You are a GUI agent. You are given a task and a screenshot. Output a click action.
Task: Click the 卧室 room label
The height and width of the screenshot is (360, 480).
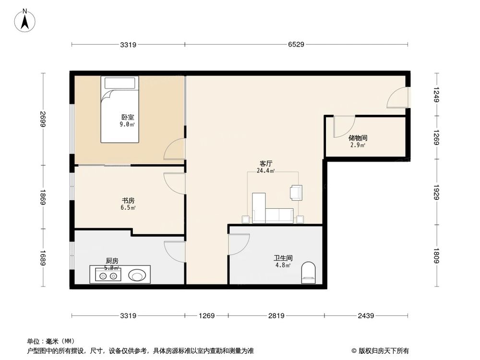pos(127,117)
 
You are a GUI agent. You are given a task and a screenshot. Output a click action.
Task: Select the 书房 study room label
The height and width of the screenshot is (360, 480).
pos(128,201)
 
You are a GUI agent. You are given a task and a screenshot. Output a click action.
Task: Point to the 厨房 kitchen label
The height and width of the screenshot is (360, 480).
pos(112,261)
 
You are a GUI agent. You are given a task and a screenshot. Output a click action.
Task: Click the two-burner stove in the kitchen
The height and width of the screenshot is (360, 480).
pos(108,276)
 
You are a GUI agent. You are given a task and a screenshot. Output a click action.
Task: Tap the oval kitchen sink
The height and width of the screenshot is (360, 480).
pos(137,276)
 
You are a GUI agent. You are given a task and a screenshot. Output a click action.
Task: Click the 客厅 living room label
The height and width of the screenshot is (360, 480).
pos(266,163)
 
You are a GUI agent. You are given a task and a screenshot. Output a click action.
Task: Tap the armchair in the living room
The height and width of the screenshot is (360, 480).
pos(296,192)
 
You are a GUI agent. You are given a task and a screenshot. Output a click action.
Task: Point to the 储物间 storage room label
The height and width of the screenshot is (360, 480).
pos(358,138)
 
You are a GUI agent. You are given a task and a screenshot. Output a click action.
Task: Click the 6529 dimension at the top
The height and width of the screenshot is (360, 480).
pos(296,45)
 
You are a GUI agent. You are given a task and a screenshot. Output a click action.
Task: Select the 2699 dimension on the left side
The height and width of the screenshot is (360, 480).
pos(43,119)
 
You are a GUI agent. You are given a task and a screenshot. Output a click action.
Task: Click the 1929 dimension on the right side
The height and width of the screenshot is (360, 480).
pos(436,192)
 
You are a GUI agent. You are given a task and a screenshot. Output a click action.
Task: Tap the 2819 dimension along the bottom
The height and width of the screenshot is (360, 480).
pos(276,316)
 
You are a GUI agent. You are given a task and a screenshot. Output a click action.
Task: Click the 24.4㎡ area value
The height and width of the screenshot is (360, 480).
pos(265,170)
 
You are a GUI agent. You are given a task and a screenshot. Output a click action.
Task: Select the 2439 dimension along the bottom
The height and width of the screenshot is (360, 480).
pos(366,316)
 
